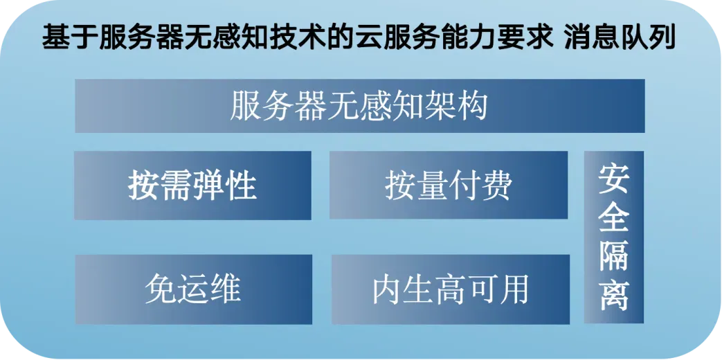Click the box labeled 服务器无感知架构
point(359,106)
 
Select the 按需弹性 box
point(192,186)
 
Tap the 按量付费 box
point(448,186)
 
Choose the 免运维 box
point(193,289)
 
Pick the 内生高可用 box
point(450,289)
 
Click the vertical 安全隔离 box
point(613,237)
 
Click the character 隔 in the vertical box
point(613,258)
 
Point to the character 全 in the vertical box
point(613,218)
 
